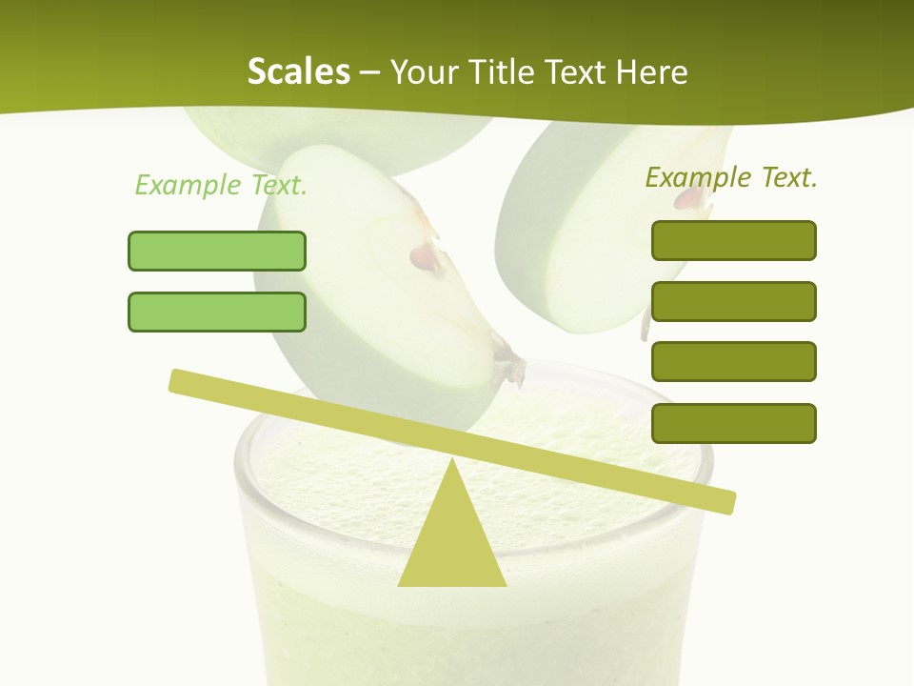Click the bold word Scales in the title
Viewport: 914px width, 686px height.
tap(298, 72)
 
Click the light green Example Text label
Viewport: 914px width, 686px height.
tap(221, 185)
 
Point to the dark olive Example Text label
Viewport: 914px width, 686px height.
tap(731, 177)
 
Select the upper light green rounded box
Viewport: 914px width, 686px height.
tap(217, 251)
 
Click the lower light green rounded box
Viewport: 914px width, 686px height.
tap(217, 312)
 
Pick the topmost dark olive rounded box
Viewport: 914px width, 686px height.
tap(733, 240)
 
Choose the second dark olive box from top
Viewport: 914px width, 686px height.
tap(733, 301)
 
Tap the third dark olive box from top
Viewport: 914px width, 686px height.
tap(733, 361)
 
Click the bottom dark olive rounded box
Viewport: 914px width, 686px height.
tap(733, 423)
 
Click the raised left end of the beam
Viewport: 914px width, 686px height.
tap(181, 380)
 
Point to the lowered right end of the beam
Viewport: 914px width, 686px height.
tap(724, 501)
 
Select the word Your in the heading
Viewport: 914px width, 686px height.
tap(420, 72)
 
